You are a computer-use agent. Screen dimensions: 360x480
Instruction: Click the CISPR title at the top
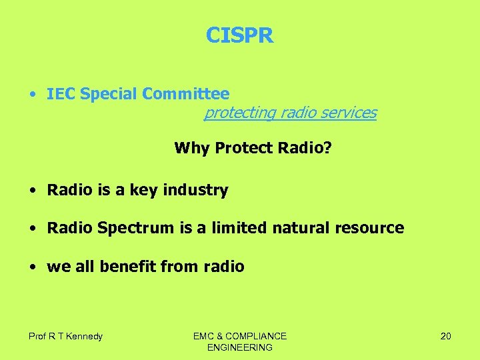click(239, 35)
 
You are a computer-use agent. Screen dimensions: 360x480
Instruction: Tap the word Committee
click(185, 94)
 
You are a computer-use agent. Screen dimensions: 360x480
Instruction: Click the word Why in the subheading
click(191, 147)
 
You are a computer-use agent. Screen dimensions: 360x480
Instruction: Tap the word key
click(143, 191)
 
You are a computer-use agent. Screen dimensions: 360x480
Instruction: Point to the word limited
click(236, 228)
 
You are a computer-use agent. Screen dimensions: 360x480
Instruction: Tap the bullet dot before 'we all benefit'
click(32, 267)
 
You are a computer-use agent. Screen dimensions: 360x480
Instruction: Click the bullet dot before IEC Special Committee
click(32, 95)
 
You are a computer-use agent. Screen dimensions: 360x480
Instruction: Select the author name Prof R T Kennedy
click(65, 336)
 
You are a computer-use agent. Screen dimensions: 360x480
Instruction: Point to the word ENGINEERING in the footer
click(240, 347)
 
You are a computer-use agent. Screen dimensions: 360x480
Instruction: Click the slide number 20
click(445, 336)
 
